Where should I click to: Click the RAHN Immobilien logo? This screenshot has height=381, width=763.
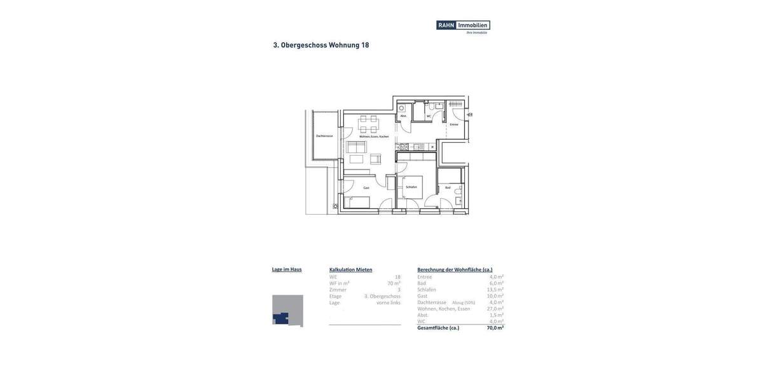[463, 25]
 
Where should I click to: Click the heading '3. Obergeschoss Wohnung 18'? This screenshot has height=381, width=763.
[321, 45]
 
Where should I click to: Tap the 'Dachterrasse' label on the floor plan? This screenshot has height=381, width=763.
[324, 136]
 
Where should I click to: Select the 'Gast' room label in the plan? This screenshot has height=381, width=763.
[366, 188]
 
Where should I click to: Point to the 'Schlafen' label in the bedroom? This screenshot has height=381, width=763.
[411, 187]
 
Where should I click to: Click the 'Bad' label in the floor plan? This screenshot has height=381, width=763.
[448, 188]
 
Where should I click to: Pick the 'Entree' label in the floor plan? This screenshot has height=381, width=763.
[454, 124]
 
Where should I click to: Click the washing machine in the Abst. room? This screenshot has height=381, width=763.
[402, 108]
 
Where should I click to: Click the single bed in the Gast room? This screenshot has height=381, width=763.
[357, 203]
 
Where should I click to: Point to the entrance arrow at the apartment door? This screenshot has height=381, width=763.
[469, 115]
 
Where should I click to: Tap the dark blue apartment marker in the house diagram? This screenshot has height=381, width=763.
[281, 318]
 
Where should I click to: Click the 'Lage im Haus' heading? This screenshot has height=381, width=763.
[287, 269]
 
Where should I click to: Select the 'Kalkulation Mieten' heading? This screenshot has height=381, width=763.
[351, 270]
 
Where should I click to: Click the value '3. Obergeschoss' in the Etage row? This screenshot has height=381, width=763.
[382, 296]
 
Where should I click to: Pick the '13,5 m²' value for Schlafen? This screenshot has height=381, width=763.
[495, 290]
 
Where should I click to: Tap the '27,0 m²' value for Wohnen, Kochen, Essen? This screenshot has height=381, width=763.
[495, 309]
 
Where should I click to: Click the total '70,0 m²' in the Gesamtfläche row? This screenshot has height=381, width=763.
[495, 328]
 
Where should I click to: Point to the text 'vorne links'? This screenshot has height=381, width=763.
[388, 302]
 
